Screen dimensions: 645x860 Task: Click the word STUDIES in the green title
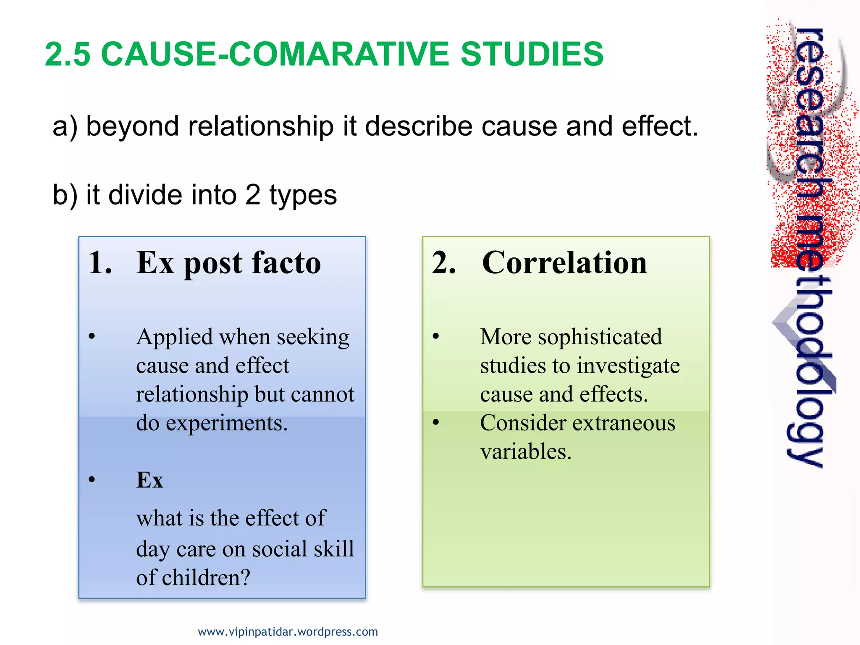532,54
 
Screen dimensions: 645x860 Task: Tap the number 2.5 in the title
67,54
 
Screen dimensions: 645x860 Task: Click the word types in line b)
303,195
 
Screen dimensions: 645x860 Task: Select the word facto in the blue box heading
287,263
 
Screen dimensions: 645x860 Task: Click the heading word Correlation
564,263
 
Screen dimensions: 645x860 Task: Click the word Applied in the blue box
174,338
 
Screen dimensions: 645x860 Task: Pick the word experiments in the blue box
226,423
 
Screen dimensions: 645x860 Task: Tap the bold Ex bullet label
149,480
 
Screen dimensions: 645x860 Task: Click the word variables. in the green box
526,452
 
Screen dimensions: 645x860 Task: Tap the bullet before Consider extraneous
436,422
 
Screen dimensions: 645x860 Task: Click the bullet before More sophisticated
436,336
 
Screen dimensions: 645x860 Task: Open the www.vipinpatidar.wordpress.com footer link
288,632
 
